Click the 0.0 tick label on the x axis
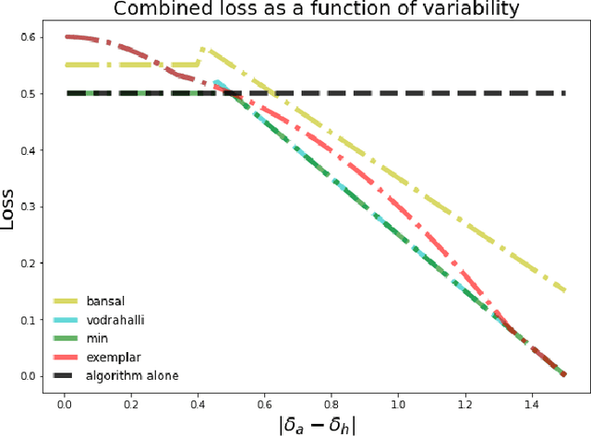point(65,403)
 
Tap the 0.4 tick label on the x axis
point(198,403)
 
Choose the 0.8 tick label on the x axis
point(331,403)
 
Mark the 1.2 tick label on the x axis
point(464,403)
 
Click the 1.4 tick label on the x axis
point(531,403)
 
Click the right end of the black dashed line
point(564,92)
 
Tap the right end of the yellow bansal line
point(564,290)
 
